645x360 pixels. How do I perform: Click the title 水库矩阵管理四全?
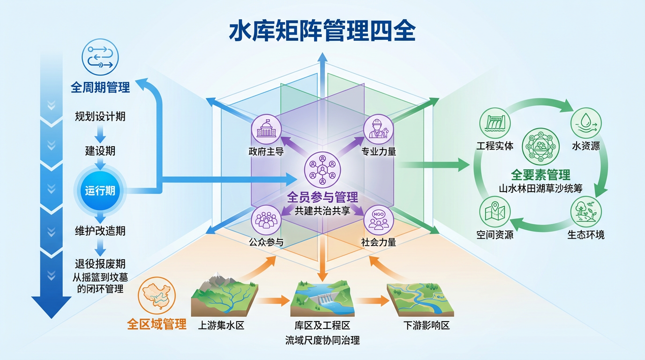click(322, 31)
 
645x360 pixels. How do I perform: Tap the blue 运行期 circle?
click(100, 191)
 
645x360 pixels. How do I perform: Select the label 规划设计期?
click(100, 116)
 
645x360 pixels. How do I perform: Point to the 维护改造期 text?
click(100, 231)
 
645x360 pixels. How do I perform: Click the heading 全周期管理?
click(100, 87)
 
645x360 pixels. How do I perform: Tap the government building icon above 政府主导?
click(266, 129)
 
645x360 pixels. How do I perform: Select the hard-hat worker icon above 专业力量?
click(378, 129)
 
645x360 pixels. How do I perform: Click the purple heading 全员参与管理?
click(322, 197)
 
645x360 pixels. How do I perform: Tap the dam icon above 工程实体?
click(495, 123)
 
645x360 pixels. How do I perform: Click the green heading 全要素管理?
click(540, 175)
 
